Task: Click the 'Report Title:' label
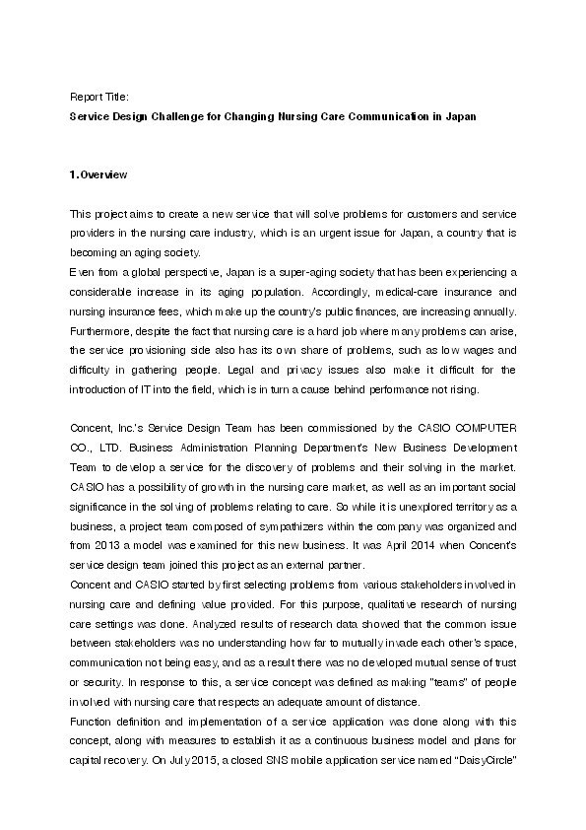[98, 98]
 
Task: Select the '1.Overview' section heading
[98, 174]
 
